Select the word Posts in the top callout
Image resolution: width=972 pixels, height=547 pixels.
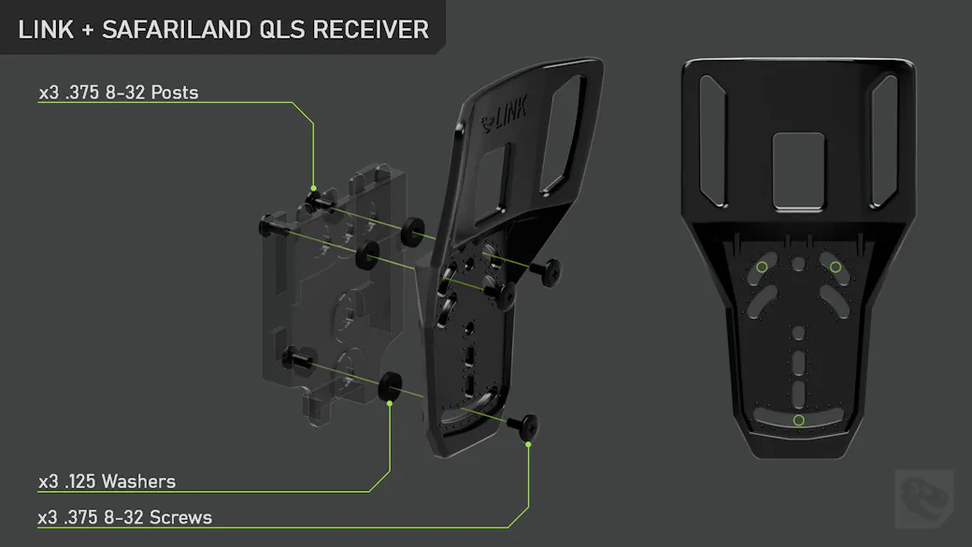[175, 93]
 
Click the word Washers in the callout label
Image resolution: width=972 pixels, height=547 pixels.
[139, 482]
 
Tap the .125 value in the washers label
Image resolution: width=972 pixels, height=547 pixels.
[80, 482]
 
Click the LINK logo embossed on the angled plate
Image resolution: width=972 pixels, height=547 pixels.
[505, 115]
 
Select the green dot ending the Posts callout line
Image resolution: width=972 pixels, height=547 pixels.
[314, 188]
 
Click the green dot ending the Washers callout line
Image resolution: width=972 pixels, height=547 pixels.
[390, 404]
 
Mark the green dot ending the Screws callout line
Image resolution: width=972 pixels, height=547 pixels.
[528, 444]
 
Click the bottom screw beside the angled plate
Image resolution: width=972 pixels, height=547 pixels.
[523, 425]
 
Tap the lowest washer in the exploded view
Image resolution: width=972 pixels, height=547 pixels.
[390, 385]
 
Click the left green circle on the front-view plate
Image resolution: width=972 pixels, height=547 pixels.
[762, 267]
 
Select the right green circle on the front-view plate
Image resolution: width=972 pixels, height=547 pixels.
[836, 267]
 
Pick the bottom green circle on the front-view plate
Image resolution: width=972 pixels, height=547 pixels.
[799, 421]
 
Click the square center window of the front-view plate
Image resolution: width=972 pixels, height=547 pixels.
[798, 171]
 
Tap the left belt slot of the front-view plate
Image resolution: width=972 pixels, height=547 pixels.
[712, 141]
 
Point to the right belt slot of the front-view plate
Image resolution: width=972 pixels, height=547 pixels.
[884, 141]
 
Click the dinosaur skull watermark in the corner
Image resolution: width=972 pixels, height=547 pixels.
[923, 498]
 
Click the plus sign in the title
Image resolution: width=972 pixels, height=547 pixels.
[88, 30]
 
